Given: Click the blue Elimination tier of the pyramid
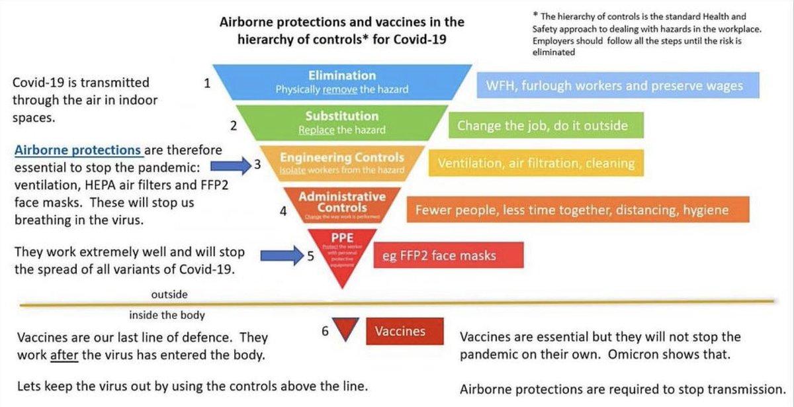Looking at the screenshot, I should pos(341,82).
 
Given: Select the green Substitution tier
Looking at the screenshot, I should pos(341,122).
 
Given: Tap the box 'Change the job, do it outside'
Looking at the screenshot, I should pos(542,125).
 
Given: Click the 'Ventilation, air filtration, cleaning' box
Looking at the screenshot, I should pos(536,163).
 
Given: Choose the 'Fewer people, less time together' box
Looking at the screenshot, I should pos(572,210).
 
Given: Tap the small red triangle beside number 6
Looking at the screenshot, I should pos(345,329).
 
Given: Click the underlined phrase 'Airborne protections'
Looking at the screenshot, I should pos(77,150).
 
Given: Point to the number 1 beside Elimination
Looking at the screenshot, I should pos(207,83).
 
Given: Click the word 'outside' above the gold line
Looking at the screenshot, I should pos(169,294).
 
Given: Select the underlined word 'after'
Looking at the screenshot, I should pos(61,354).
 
